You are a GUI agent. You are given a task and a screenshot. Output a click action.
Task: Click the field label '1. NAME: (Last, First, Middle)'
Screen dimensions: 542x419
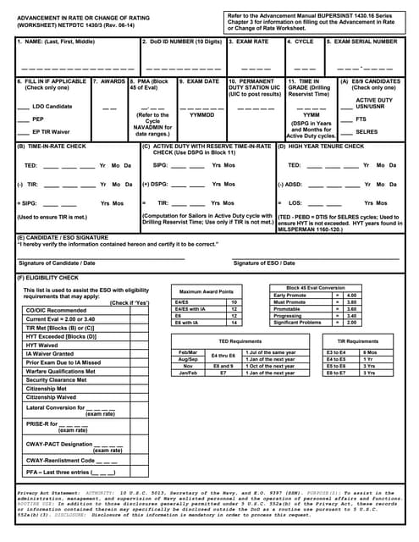(x=58, y=41)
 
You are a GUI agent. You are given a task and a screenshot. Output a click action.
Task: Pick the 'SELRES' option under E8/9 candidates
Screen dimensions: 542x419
(x=367, y=131)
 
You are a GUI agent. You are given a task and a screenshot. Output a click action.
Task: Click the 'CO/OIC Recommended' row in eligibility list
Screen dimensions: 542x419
(x=56, y=310)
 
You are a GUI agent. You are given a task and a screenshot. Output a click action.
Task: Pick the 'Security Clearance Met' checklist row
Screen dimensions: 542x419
(x=58, y=379)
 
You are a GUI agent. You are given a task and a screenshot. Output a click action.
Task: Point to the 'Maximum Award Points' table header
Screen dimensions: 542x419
(x=207, y=291)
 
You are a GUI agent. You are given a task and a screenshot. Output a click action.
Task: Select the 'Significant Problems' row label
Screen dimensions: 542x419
(x=298, y=322)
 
